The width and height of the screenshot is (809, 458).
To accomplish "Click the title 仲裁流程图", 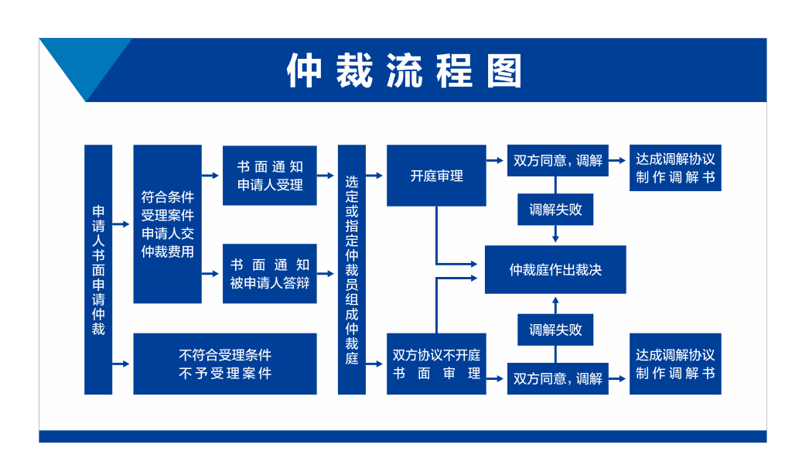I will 404,71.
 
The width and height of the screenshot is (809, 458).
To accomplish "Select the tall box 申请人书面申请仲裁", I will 98,269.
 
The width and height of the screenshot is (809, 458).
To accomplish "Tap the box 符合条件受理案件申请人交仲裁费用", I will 167,224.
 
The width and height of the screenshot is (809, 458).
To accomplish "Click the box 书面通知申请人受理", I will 269,176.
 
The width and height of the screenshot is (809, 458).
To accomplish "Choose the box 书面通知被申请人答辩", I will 269,273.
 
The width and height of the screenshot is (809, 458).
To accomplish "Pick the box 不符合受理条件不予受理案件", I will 224,364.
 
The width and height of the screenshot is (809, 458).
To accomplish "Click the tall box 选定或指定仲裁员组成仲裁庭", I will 352,269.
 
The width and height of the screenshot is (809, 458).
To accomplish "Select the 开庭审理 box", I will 436,176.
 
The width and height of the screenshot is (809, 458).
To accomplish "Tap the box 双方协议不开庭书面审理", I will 436,364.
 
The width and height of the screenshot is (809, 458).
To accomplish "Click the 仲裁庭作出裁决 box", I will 555,269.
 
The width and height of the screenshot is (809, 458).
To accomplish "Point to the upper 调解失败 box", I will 555,209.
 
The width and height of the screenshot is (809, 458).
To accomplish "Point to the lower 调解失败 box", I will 555,330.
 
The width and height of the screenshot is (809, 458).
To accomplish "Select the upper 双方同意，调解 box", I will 557,161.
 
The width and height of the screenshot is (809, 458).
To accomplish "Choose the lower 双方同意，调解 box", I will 557,378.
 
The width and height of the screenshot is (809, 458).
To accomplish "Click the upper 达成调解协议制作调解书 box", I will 674,168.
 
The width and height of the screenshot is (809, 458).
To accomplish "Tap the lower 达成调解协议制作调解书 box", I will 674,364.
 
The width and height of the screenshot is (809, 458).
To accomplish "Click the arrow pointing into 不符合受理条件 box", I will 121,364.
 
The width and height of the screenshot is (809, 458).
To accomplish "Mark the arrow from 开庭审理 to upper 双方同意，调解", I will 496,161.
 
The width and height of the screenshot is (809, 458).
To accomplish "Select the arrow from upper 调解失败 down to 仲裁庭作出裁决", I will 555,235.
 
